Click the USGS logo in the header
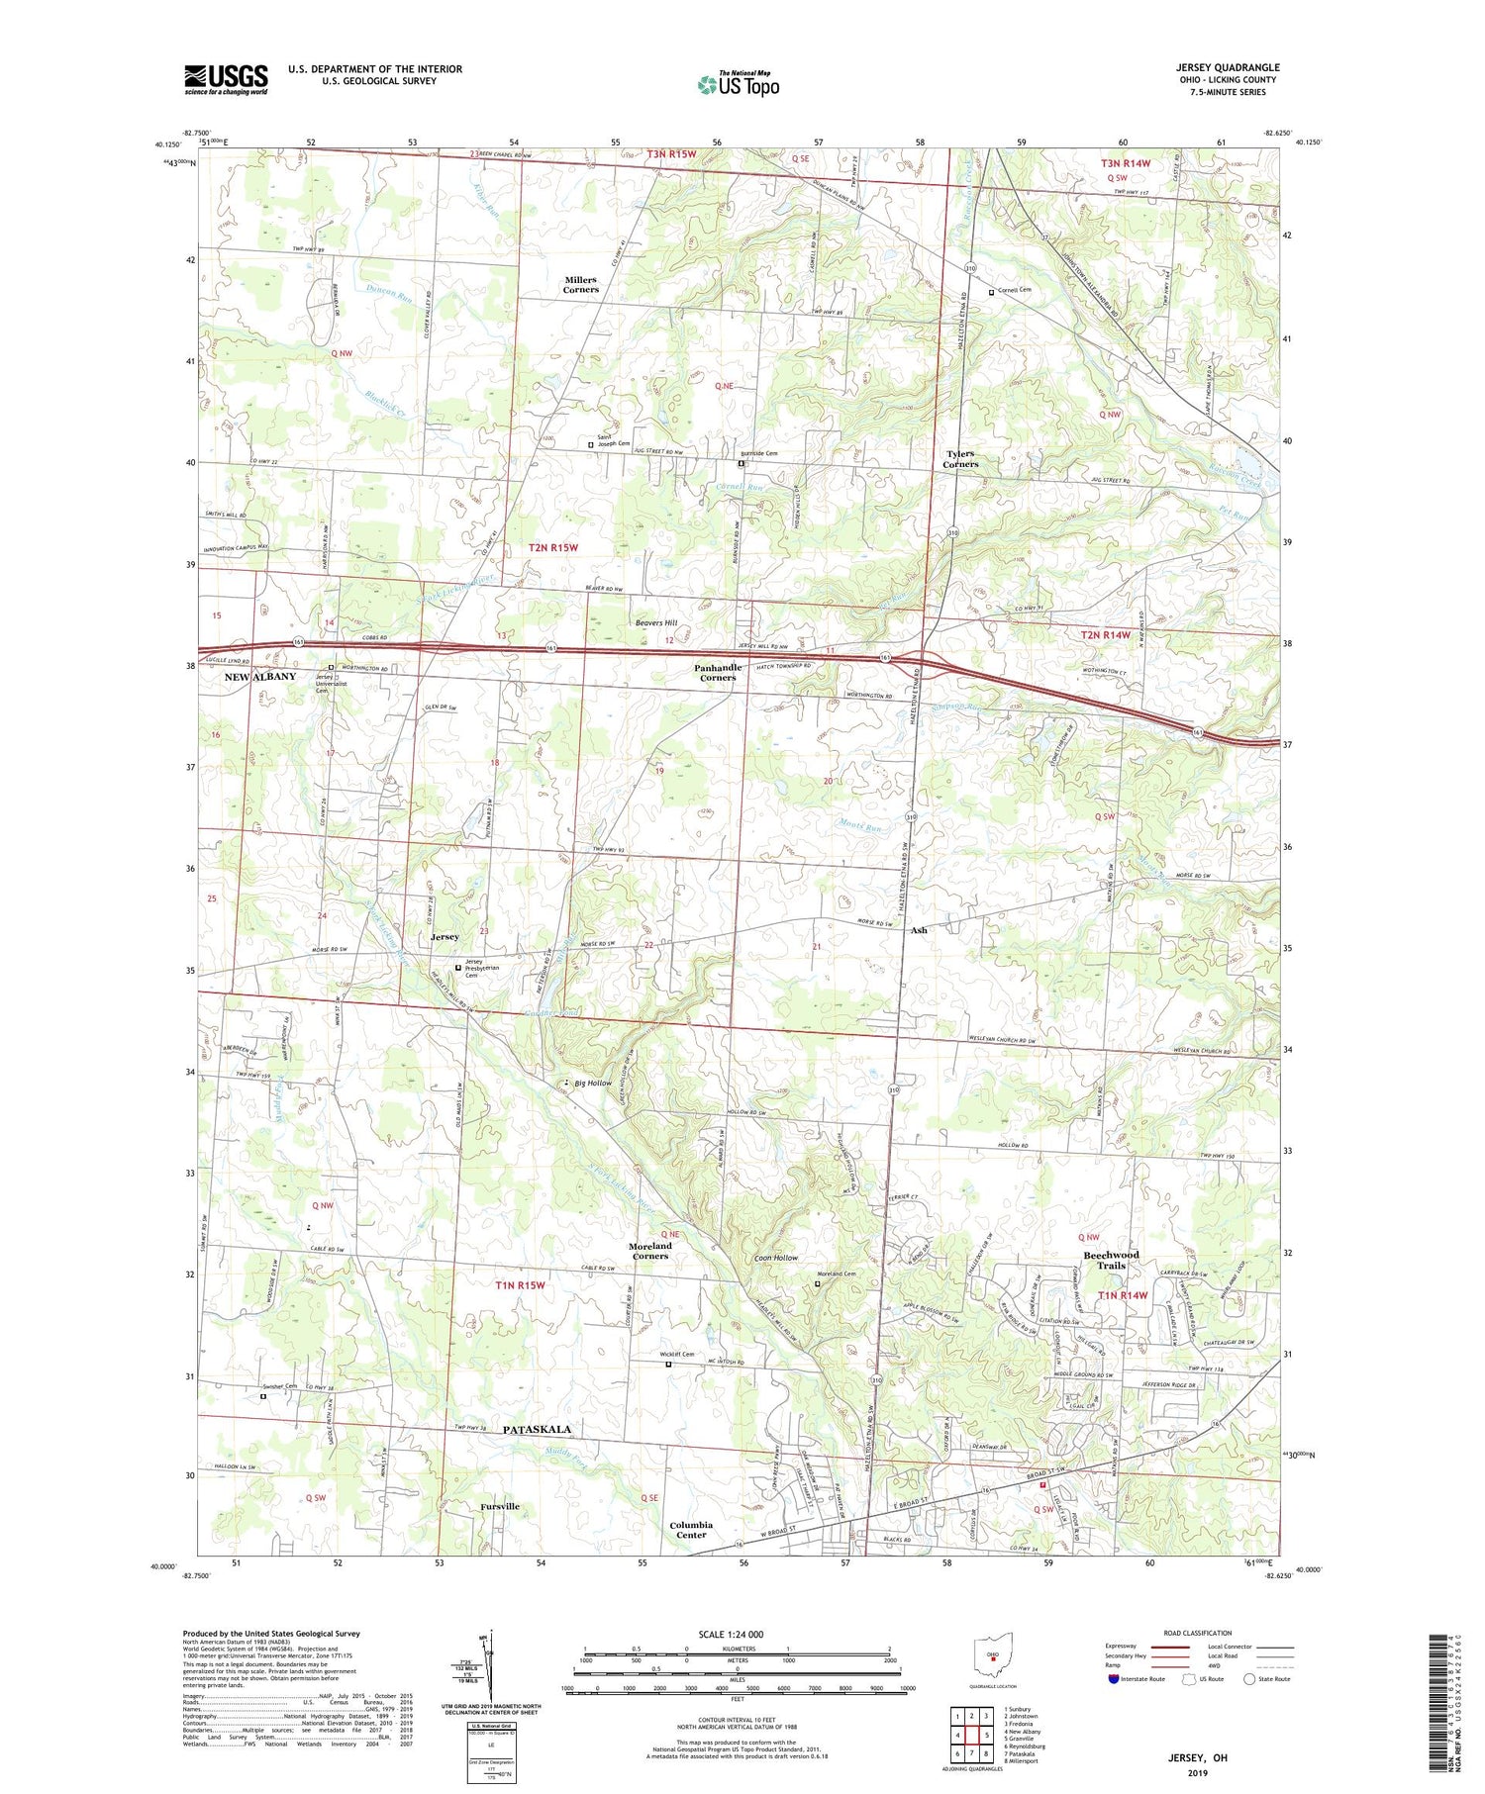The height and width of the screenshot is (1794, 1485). (x=226, y=79)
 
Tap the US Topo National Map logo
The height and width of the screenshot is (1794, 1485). (x=738, y=84)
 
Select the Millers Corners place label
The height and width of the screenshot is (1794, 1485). (x=581, y=285)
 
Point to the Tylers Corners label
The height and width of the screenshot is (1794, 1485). (x=959, y=459)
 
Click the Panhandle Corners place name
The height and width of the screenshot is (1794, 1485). (x=718, y=673)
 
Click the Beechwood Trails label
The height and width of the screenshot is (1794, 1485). (x=1111, y=1260)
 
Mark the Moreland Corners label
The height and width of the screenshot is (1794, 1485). (x=649, y=1251)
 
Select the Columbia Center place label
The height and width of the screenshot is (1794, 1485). (x=690, y=1530)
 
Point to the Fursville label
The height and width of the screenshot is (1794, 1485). (x=500, y=1506)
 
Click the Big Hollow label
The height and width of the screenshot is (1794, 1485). (x=593, y=1084)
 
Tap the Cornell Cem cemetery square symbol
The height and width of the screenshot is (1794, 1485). (x=991, y=293)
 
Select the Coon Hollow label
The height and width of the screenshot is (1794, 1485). (x=775, y=1258)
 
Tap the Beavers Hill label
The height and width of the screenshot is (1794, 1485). (x=656, y=623)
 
